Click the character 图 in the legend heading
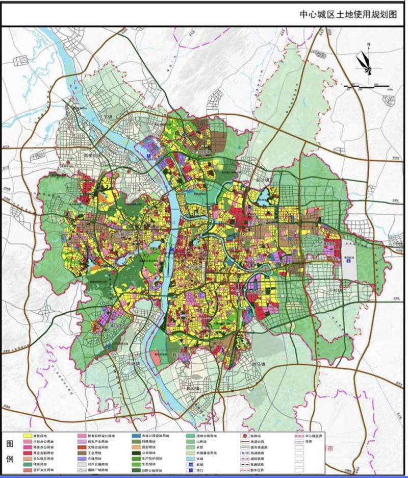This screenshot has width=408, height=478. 10,444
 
